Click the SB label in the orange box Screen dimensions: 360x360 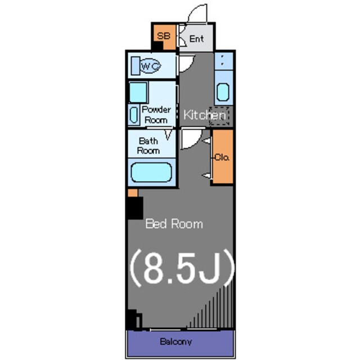click(164, 36)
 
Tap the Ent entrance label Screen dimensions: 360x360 click(196, 39)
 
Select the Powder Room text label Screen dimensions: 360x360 click(156, 115)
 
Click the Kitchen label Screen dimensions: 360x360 click(204, 115)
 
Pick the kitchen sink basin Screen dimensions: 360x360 click(223, 92)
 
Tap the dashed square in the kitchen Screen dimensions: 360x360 click(219, 116)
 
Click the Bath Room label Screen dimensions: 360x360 click(148, 146)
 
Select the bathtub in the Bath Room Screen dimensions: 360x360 click(151, 172)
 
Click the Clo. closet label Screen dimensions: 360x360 click(222, 157)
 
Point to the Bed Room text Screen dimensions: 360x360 click(174, 224)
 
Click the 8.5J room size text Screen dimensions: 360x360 click(182, 268)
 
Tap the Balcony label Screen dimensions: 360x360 click(176, 341)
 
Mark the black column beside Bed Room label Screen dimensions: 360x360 click(136, 208)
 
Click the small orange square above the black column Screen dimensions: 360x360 click(133, 193)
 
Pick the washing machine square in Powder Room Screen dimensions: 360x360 click(138, 92)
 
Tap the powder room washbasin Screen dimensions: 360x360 click(134, 115)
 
